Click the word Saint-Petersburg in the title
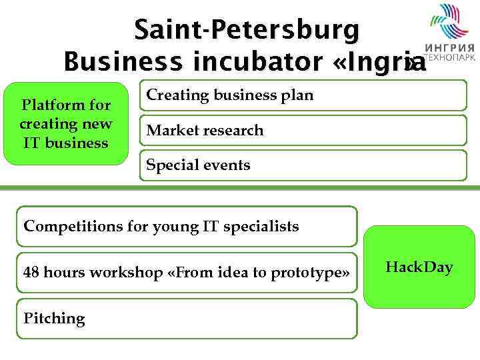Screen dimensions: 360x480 pyautogui.click(x=247, y=30)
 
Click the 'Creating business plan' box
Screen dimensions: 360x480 pyautogui.click(x=303, y=95)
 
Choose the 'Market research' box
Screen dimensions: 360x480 pyautogui.click(x=303, y=131)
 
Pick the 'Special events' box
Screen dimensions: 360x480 pyautogui.click(x=303, y=165)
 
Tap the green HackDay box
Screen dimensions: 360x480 pyautogui.click(x=419, y=267)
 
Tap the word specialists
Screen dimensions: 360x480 pyautogui.click(x=261, y=226)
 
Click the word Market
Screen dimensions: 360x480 pyautogui.click(x=169, y=131)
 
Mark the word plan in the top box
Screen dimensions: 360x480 pyautogui.click(x=297, y=95)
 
